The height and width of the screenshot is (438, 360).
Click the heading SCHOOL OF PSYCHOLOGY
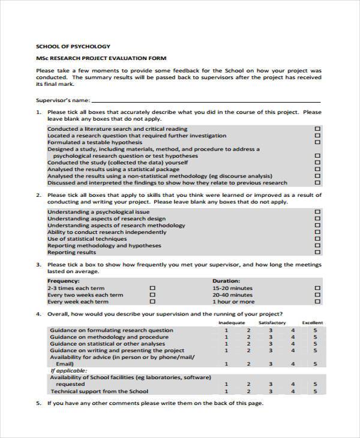73,46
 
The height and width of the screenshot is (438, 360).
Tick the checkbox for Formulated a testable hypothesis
318,143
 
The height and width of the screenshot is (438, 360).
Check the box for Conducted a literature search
318,129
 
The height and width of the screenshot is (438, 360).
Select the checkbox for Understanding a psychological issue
318,212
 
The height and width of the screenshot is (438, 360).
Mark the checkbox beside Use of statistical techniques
318,239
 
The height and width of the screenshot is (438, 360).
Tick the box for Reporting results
318,253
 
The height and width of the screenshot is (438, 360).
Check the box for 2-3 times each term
152,288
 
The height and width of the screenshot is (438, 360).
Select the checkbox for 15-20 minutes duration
318,288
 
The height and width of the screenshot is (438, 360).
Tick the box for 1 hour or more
318,302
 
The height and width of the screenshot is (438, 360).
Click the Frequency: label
63,281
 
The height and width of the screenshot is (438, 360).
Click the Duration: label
226,281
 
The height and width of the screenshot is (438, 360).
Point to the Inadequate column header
231,323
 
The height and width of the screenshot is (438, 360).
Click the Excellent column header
313,323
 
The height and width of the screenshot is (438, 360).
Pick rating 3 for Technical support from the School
271,392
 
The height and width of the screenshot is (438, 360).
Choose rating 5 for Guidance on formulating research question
315,330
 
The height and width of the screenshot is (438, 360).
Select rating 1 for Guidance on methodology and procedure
226,337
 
